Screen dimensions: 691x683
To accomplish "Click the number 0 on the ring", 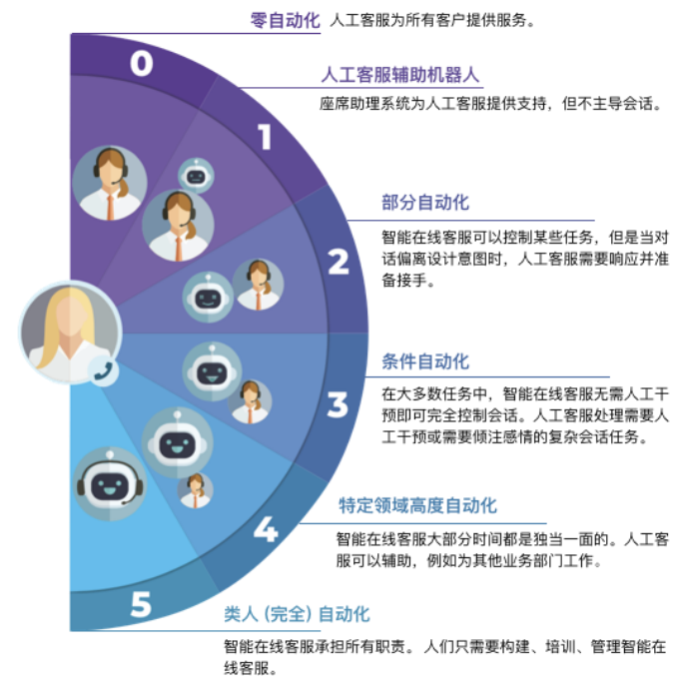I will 142,64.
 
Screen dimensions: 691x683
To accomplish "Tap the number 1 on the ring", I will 265,136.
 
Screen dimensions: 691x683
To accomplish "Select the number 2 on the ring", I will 339,263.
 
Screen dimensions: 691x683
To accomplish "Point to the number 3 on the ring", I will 338,405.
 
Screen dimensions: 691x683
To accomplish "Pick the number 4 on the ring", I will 265,529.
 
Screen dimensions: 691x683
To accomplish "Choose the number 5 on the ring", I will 141,604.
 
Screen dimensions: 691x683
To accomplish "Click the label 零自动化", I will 286,20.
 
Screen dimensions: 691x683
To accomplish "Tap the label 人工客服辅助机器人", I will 400,75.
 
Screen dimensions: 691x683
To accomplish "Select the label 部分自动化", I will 425,203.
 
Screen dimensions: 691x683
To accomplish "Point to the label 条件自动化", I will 425,361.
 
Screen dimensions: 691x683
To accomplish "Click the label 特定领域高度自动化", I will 417,506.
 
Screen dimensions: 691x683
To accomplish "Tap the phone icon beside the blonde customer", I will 102,371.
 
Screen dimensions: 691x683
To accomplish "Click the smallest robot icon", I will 195,176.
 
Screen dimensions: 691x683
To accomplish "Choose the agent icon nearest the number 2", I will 259,285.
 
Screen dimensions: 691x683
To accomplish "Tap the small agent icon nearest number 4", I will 196,490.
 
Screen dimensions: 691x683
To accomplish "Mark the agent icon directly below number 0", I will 110,183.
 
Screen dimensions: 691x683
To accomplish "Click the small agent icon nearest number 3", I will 251,401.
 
